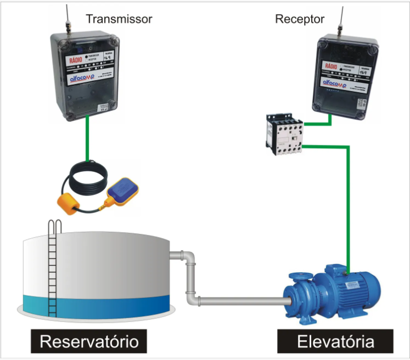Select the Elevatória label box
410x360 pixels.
(x=335, y=341)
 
